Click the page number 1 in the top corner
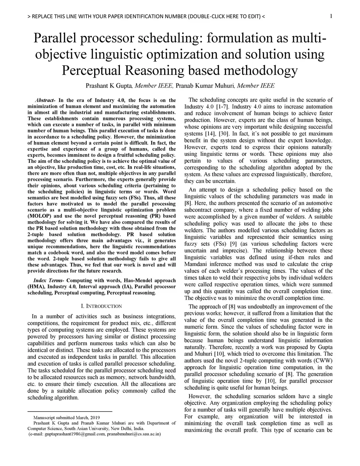(331, 16)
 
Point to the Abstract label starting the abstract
(45, 100)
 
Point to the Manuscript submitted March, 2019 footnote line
(66, 417)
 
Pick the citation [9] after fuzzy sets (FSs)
(233, 244)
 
